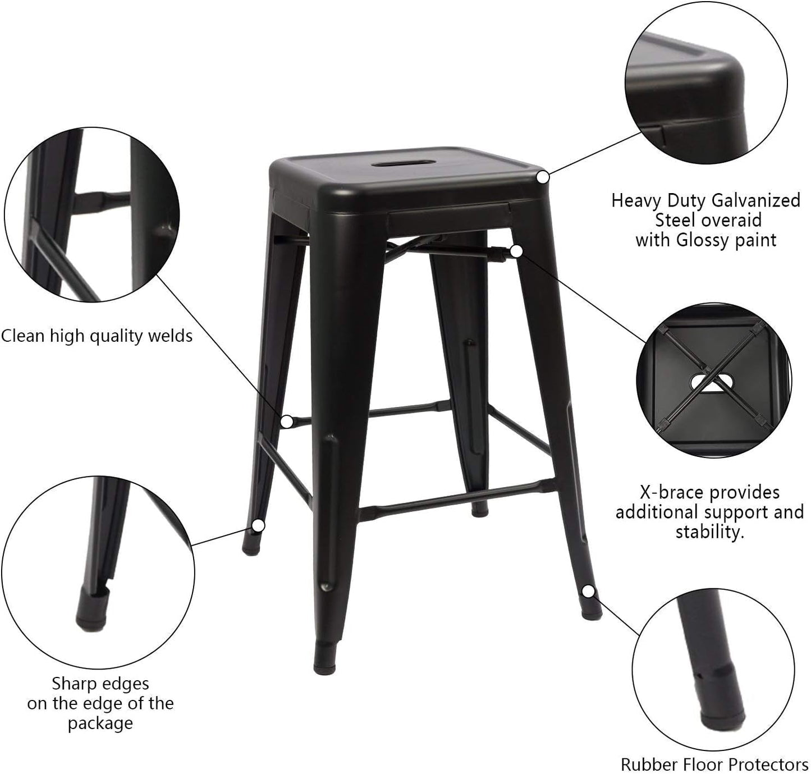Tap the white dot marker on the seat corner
(542, 177)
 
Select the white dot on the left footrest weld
(287, 422)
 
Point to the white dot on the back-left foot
(258, 526)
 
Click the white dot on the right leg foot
(588, 591)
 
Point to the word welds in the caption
(168, 336)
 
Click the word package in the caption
(100, 723)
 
